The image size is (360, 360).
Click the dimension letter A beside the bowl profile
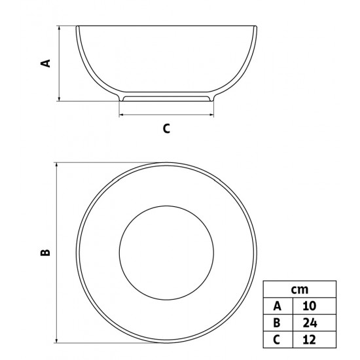tap(45, 63)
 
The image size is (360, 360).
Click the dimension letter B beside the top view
tap(45, 253)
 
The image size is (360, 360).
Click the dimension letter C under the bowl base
tap(166, 128)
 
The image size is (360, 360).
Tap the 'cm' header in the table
tap(300, 290)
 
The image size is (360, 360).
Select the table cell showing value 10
tap(310, 306)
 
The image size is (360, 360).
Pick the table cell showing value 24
tap(310, 323)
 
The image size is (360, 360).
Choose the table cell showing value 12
tap(310, 340)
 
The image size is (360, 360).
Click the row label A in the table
tap(277, 306)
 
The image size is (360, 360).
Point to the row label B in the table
tap(277, 323)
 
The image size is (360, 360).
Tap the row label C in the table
tap(277, 340)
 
